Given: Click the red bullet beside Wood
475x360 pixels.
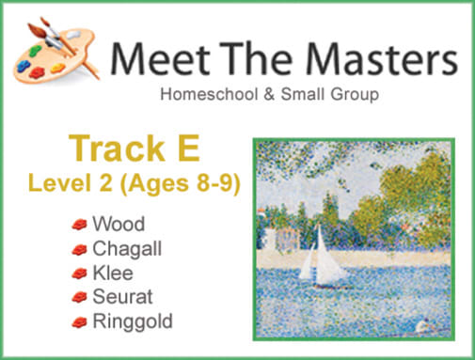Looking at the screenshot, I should pos(79,226).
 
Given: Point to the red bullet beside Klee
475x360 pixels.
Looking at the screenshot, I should pos(79,274).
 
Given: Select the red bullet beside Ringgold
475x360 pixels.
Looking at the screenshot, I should pos(79,323).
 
